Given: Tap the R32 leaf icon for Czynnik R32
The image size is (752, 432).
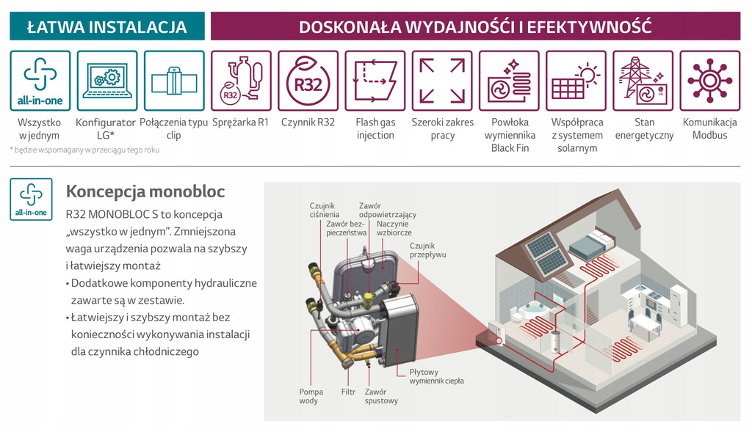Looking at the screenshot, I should (x=308, y=81).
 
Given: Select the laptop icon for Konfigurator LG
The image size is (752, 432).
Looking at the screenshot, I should (x=106, y=81).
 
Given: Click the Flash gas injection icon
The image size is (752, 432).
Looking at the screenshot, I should (x=375, y=81).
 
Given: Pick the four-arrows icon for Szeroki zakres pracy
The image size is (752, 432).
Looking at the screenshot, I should (x=441, y=81).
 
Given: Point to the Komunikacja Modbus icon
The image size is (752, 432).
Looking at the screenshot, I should (x=709, y=81).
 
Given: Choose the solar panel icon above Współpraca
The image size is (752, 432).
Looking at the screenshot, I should (x=576, y=81).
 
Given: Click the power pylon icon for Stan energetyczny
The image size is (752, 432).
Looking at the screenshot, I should (x=643, y=81).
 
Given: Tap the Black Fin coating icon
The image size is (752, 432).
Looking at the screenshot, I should (x=509, y=81).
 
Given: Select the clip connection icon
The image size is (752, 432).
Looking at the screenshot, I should (x=174, y=81).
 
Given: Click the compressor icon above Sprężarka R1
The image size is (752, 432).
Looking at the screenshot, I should (x=241, y=81).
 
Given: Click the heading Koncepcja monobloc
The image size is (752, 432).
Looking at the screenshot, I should (x=145, y=191).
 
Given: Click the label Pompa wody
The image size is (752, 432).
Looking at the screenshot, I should (x=311, y=396).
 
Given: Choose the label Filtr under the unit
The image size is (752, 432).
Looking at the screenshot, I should (x=348, y=392).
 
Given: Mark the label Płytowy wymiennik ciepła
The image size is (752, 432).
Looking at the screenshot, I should (x=436, y=377).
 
